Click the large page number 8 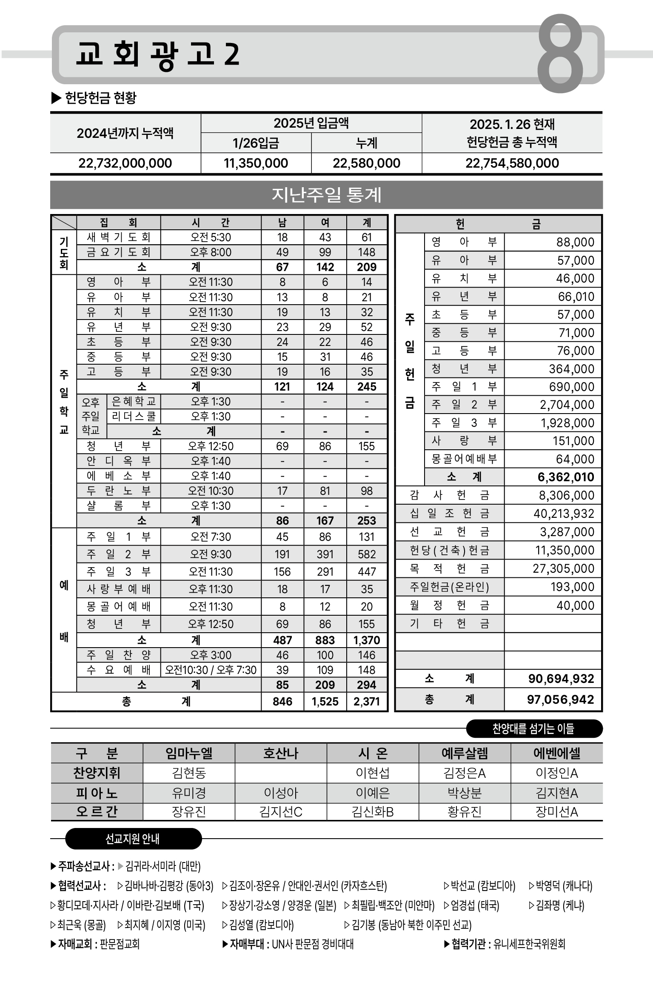(560, 54)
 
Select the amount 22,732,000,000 (125, 163)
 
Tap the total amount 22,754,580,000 (512, 163)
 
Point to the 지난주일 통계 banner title (326, 195)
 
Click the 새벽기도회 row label (119, 237)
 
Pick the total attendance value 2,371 (367, 701)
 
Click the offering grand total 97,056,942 (560, 700)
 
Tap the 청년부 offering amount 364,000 (571, 369)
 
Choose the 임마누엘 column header (189, 754)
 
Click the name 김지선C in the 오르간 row (281, 812)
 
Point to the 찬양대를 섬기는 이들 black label (533, 729)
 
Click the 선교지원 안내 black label (133, 839)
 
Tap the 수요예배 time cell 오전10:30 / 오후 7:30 (211, 670)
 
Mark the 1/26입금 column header (256, 143)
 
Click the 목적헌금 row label (450, 569)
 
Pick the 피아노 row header (97, 793)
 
